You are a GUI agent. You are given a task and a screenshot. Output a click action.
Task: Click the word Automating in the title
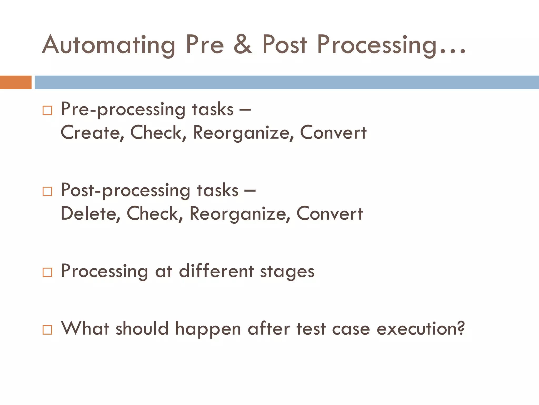pyautogui.click(x=108, y=45)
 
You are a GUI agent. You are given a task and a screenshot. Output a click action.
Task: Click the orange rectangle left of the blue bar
pyautogui.click(x=16, y=82)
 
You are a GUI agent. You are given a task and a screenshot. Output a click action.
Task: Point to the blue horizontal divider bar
pyautogui.click(x=286, y=82)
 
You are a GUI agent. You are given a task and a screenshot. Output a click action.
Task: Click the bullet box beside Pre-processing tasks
pyautogui.click(x=47, y=110)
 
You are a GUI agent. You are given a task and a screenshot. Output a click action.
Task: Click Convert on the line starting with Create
pyautogui.click(x=333, y=132)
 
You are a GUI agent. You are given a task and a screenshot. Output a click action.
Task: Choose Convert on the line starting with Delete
pyautogui.click(x=330, y=213)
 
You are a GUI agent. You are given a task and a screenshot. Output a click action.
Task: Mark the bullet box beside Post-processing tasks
pyautogui.click(x=47, y=191)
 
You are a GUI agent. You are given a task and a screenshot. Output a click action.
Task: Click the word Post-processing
pyautogui.click(x=125, y=190)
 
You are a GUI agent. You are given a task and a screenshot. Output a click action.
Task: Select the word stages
pyautogui.click(x=287, y=272)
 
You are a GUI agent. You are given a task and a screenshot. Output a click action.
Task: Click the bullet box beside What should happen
pyautogui.click(x=47, y=330)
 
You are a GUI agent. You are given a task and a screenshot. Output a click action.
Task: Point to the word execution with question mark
pyautogui.click(x=421, y=329)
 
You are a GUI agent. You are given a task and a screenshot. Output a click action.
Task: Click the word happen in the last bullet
pyautogui.click(x=208, y=329)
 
